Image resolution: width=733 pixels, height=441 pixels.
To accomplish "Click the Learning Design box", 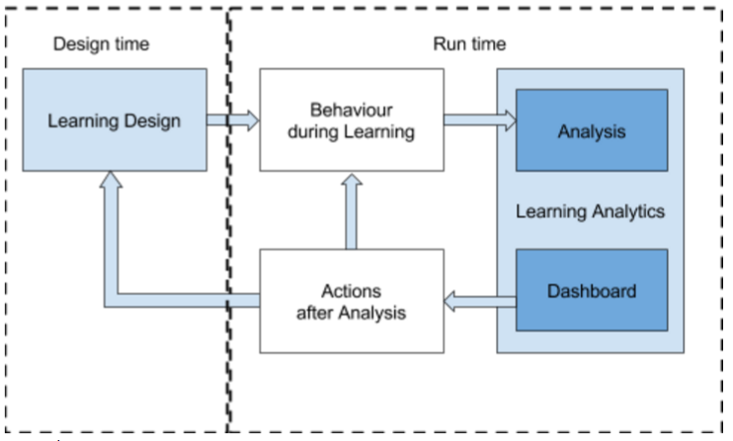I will pos(115,120).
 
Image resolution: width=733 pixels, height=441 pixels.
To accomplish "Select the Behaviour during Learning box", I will pos(350,120).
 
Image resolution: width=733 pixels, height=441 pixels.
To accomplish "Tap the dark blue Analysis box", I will pos(591,130).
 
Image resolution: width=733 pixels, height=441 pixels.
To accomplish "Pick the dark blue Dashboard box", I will pos(591,291).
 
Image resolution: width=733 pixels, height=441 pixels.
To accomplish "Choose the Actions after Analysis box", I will pos(350,302).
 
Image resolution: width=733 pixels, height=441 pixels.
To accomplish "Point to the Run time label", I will pos(469,44).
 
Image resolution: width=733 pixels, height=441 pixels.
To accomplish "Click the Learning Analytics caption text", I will pos(590,211).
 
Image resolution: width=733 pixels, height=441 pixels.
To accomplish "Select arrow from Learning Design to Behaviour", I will pos(232,120).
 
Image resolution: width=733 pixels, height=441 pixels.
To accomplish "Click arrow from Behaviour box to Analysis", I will pos(479,120).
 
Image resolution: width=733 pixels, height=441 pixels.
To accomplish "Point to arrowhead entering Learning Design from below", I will pos(111,183).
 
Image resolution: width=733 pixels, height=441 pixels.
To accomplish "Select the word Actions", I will pos(351,291).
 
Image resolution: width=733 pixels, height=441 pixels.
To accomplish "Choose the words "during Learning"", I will pos(351,131).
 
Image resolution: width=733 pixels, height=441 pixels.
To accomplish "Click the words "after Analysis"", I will pos(351,313).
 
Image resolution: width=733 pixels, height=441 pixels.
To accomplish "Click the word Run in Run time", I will pos(449,44).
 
